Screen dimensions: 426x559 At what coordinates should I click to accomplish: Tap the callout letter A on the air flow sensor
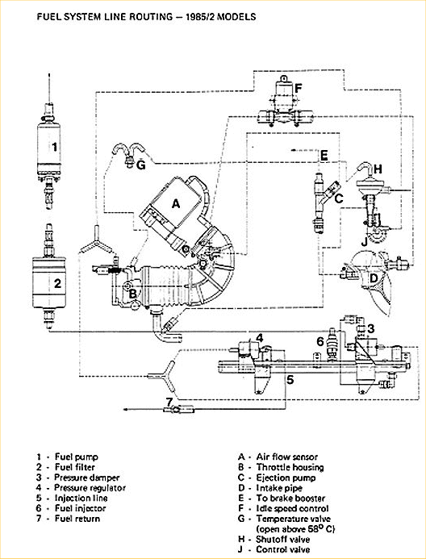tap(176, 204)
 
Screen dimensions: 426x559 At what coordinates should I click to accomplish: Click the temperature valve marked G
tap(127, 154)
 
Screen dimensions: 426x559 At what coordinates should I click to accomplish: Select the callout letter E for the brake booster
tap(324, 156)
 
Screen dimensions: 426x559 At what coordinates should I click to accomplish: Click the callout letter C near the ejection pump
tap(339, 198)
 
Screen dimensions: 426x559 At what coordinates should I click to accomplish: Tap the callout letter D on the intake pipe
tap(373, 278)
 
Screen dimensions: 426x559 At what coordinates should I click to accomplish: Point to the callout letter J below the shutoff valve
tap(364, 242)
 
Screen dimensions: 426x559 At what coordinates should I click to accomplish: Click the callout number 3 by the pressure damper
tap(371, 328)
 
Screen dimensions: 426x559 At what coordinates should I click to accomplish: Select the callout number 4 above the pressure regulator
tap(260, 337)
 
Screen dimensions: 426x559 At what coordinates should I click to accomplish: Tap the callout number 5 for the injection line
tap(290, 380)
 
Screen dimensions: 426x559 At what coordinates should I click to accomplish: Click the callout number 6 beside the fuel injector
tap(320, 341)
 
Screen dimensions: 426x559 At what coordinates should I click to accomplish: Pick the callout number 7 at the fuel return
tap(169, 402)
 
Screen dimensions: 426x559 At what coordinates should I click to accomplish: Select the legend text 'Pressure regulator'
tap(90, 488)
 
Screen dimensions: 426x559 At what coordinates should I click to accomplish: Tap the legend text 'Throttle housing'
tap(290, 467)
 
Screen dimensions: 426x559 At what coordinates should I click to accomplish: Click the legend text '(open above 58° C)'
tap(295, 528)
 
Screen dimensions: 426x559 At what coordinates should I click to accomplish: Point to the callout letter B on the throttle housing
tap(132, 294)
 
